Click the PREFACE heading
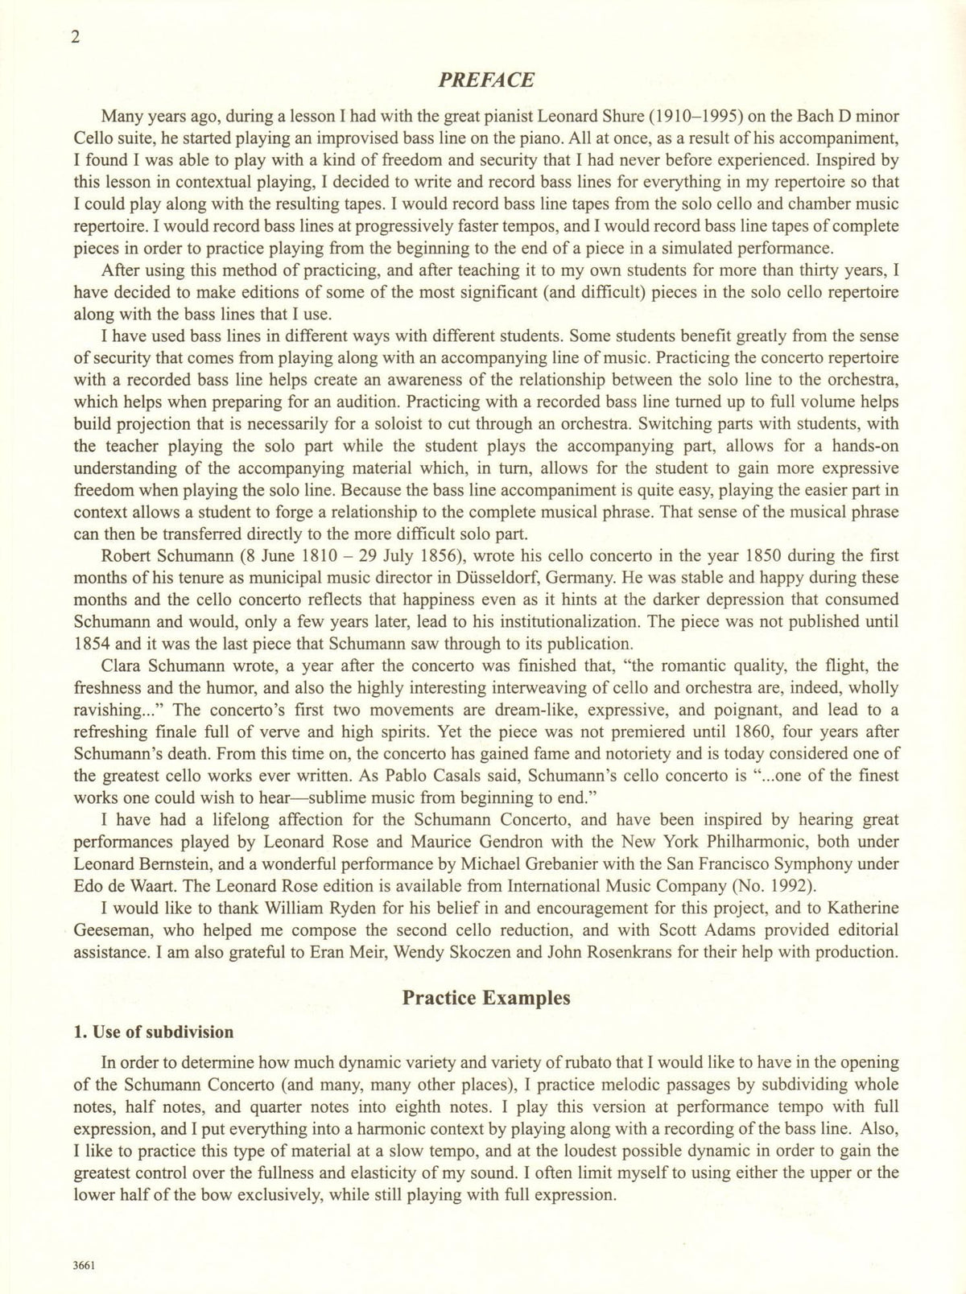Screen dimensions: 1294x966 coord(486,80)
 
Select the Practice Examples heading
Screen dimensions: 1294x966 coord(486,998)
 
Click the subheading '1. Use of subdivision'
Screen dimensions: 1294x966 coord(153,1032)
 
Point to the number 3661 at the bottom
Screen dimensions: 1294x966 coord(84,1264)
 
